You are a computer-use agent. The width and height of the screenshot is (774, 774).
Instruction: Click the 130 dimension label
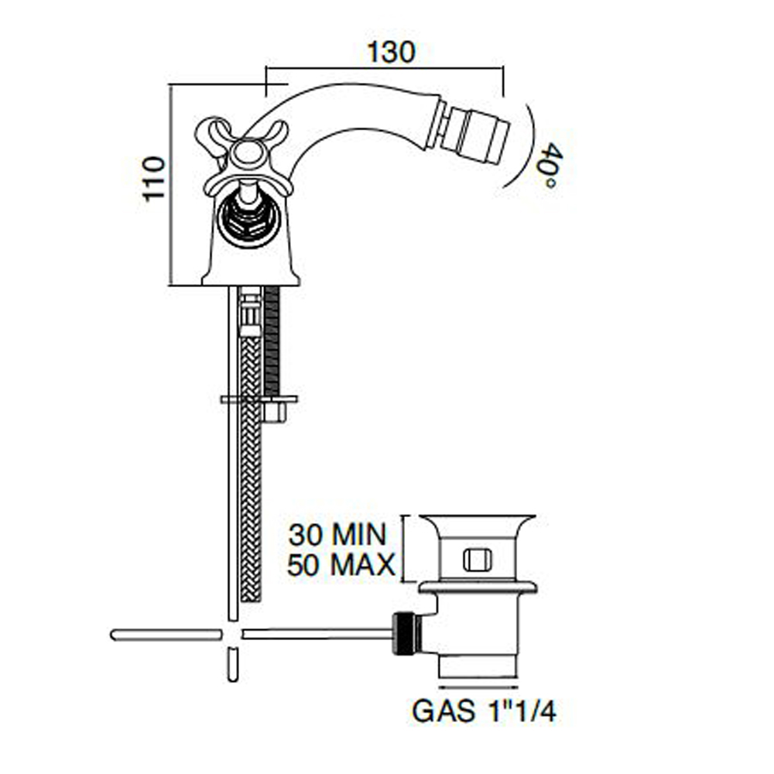(x=391, y=52)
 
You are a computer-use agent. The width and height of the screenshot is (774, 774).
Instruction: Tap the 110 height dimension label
(x=153, y=179)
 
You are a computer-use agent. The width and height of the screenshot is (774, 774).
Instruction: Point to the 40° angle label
(x=547, y=166)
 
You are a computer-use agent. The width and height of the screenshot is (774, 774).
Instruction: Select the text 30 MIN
(x=337, y=535)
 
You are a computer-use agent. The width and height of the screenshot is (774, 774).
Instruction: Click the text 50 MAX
(x=341, y=565)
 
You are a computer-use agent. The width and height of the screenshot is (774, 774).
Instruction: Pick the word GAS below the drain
(x=442, y=711)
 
